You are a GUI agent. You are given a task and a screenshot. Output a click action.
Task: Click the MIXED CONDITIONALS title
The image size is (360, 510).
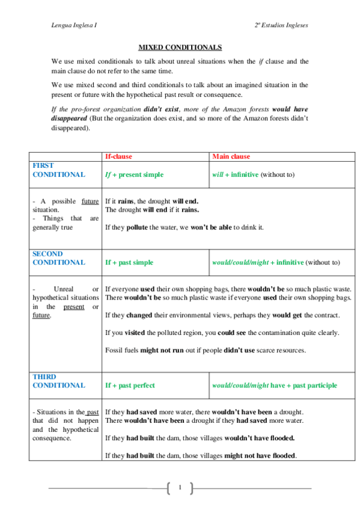pyautogui.click(x=180, y=47)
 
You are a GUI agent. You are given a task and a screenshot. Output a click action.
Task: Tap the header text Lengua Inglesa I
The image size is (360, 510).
pyautogui.click(x=75, y=25)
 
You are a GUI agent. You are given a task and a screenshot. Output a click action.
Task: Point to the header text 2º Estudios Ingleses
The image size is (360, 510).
pyautogui.click(x=281, y=25)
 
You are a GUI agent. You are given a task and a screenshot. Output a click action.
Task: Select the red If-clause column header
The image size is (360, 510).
pyautogui.click(x=118, y=156)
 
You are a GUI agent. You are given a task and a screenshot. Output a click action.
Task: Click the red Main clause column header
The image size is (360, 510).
pyautogui.click(x=231, y=156)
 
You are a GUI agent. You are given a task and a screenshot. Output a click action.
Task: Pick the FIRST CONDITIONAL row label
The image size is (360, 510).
pyautogui.click(x=58, y=170)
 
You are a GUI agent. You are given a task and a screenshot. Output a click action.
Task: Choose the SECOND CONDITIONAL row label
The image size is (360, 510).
pyautogui.click(x=58, y=258)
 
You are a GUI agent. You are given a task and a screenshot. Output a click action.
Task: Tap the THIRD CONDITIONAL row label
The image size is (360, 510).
pyautogui.click(x=58, y=381)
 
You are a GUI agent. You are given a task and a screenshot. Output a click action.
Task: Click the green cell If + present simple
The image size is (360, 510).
pyautogui.click(x=134, y=174)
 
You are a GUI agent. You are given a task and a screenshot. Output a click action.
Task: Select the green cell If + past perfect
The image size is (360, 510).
pyautogui.click(x=130, y=385)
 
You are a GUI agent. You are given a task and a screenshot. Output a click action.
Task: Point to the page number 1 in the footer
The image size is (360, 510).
pyautogui.click(x=180, y=487)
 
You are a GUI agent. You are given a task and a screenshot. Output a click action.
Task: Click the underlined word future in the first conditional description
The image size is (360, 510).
pyautogui.click(x=90, y=201)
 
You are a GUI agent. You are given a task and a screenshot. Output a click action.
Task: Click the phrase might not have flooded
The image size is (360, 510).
pyautogui.click(x=260, y=455)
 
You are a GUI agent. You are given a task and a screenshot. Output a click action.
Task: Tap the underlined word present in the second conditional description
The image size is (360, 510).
pyautogui.click(x=73, y=307)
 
